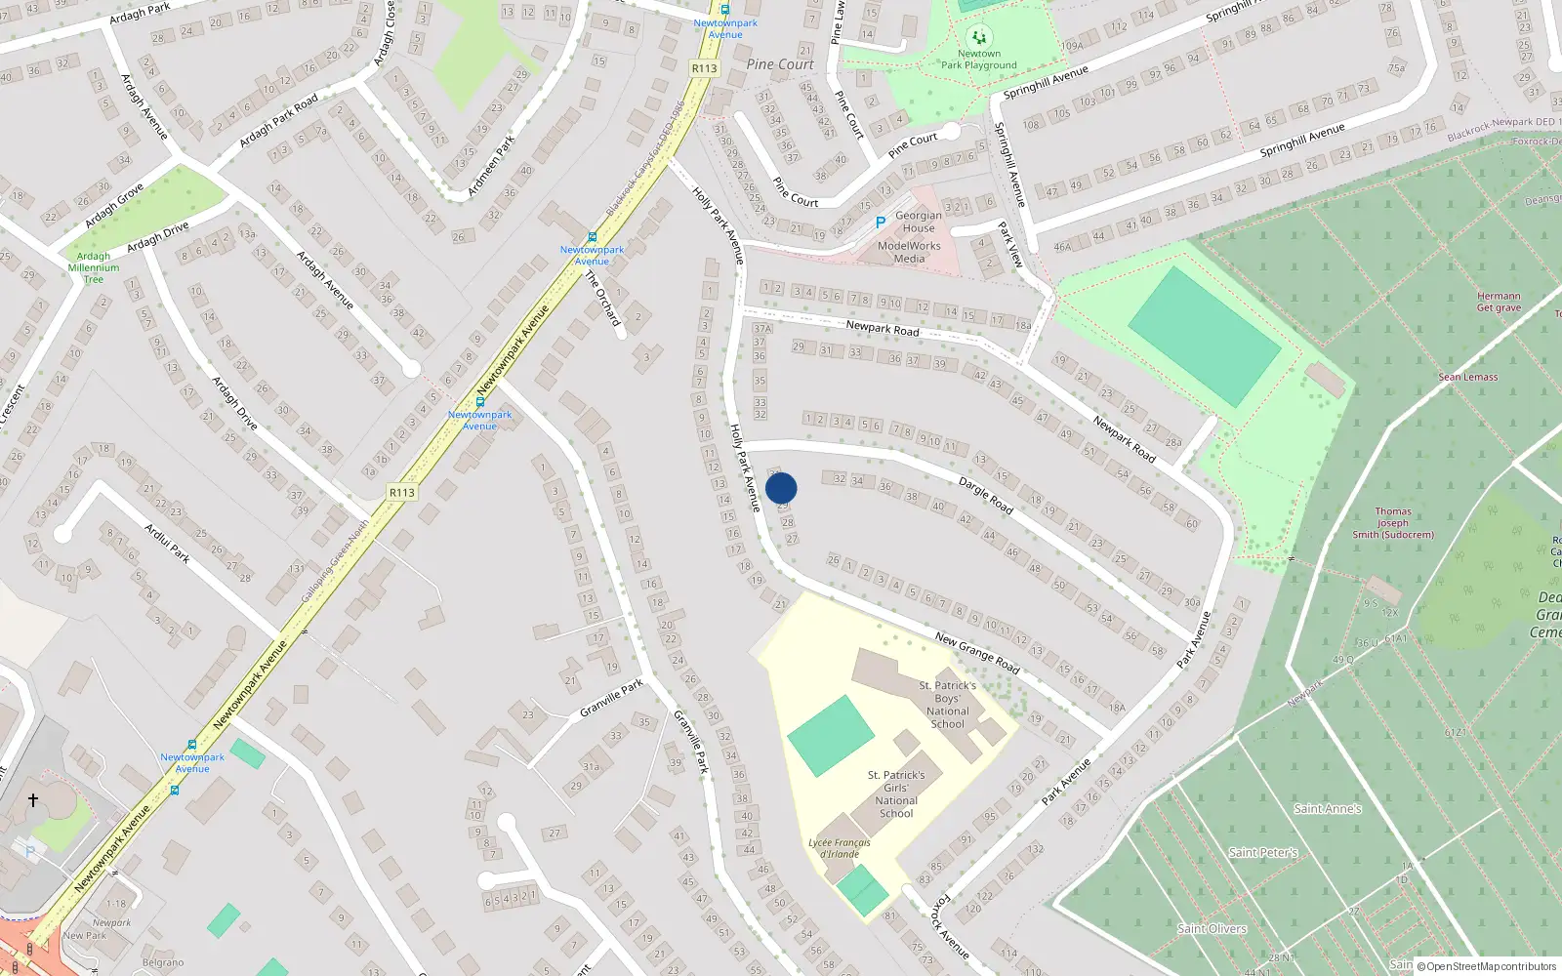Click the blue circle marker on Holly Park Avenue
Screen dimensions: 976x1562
(781, 488)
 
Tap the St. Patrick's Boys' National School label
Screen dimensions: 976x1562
(947, 705)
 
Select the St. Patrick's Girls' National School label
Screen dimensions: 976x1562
(896, 793)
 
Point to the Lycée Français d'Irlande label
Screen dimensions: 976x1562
(840, 848)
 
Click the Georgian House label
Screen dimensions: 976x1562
(919, 222)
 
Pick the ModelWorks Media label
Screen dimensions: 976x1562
(909, 252)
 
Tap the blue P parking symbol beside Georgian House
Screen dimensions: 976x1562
(880, 223)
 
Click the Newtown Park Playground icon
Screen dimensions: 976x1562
(979, 37)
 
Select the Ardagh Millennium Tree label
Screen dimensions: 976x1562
(94, 267)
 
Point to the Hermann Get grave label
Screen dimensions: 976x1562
(1499, 302)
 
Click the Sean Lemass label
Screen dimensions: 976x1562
(1467, 377)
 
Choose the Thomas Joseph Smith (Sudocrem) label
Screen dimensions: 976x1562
(1393, 523)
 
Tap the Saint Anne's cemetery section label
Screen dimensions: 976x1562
(1327, 808)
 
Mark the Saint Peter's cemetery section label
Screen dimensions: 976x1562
(1263, 852)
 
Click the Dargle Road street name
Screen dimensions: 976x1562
(985, 496)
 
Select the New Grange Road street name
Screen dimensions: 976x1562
(977, 653)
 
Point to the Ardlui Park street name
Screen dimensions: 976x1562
(167, 544)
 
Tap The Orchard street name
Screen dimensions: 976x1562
(602, 299)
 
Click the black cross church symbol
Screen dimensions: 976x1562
(33, 800)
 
